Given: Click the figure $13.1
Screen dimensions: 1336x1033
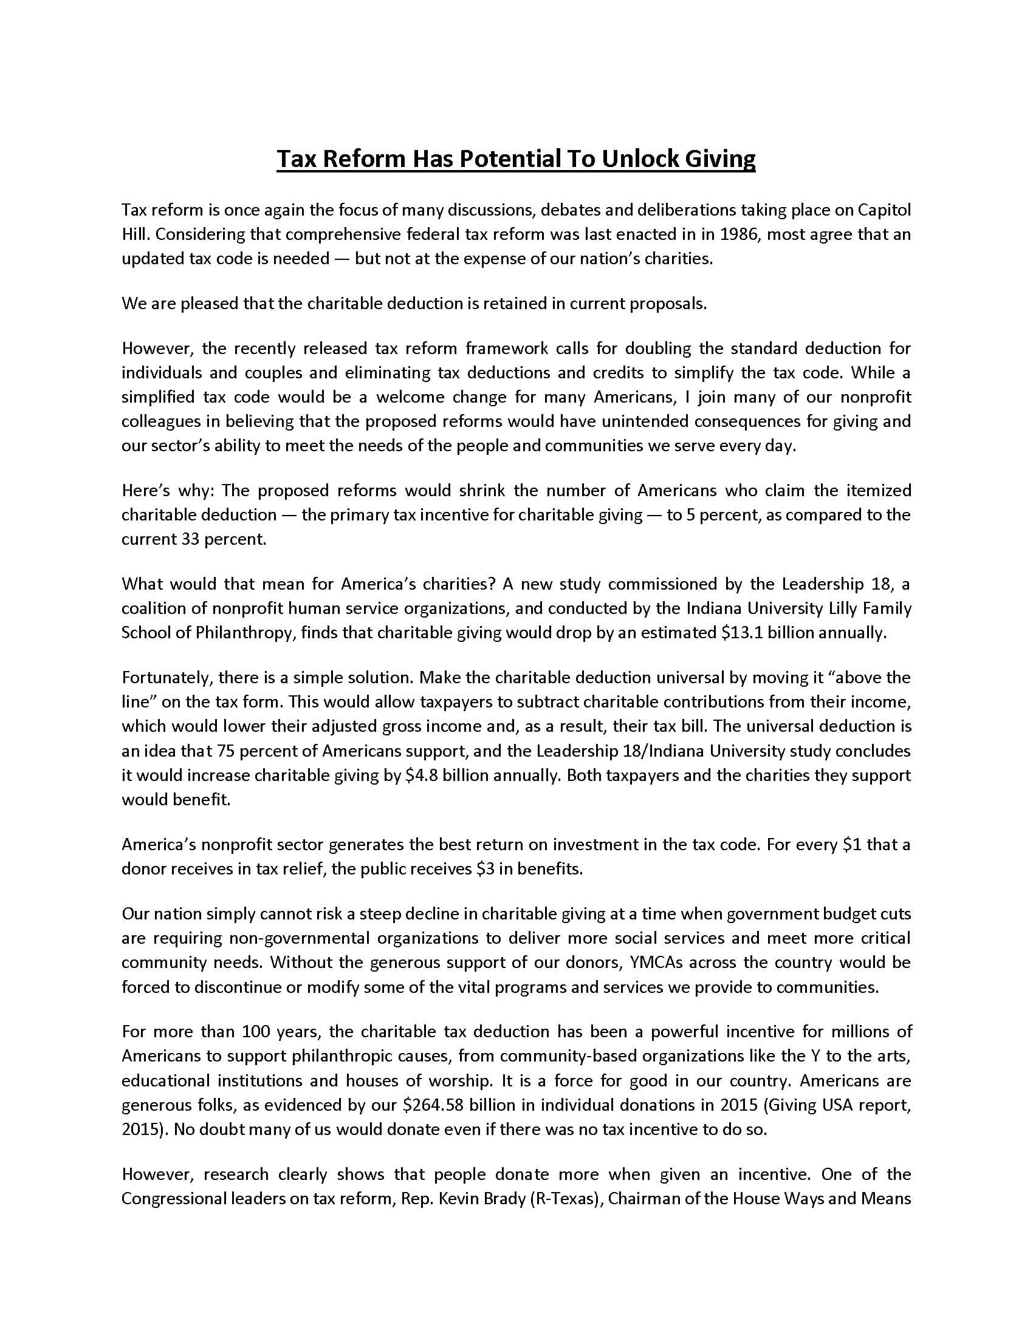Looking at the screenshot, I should (x=742, y=633).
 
